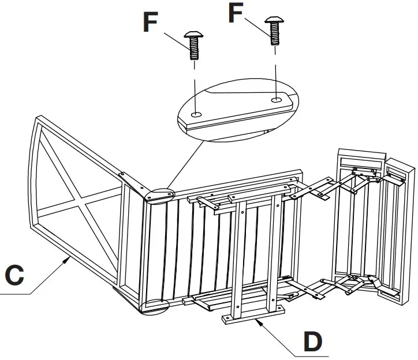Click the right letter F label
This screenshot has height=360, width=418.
(235, 13)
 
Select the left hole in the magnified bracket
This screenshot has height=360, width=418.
(197, 114)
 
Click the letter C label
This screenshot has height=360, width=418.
(13, 274)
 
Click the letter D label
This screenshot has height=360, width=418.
(312, 342)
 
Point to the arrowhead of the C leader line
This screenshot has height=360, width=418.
(70, 259)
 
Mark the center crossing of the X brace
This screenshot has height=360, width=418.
(79, 202)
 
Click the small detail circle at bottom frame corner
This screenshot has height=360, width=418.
(152, 307)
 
